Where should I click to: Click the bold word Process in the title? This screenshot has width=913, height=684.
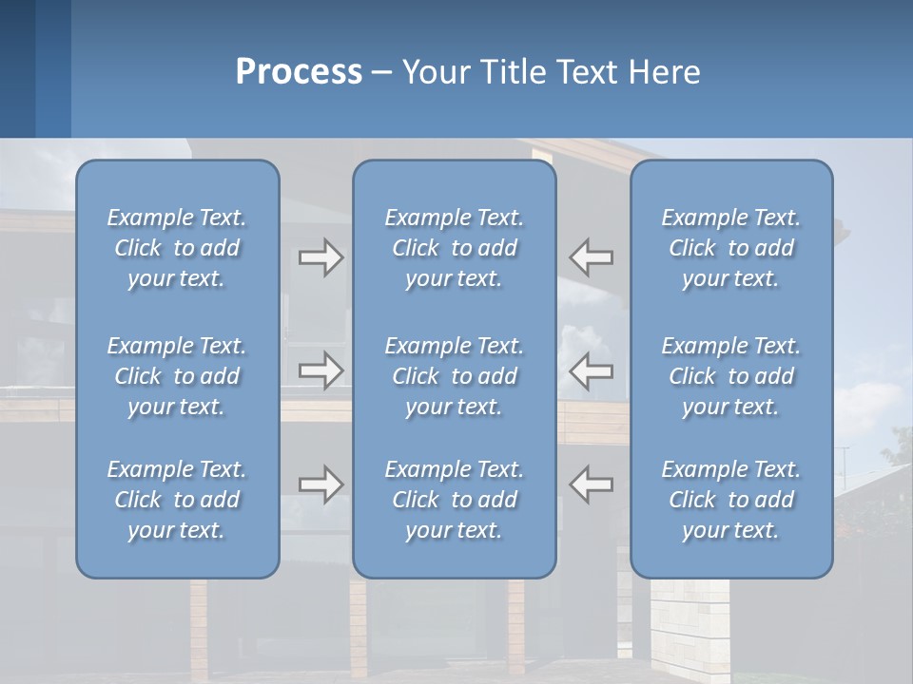[299, 72]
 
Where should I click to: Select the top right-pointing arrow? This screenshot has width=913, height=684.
[321, 257]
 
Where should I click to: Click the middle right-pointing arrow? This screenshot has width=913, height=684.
[321, 370]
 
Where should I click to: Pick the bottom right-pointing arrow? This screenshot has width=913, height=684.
[321, 484]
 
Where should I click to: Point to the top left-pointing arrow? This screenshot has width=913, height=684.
[592, 257]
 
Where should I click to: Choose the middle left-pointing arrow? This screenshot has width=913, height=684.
[592, 370]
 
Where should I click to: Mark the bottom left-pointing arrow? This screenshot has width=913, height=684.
[592, 484]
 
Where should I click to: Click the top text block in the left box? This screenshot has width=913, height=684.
[177, 248]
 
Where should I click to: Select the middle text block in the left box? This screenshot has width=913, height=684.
[177, 376]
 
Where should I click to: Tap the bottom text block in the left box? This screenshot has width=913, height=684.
[177, 500]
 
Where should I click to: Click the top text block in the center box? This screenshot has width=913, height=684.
[454, 248]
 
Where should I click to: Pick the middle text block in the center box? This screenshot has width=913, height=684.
[454, 376]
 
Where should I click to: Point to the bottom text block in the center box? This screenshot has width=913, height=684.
[454, 500]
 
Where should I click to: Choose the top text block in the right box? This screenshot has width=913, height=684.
[730, 248]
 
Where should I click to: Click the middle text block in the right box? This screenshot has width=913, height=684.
[730, 376]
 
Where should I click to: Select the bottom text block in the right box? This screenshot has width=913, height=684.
[730, 500]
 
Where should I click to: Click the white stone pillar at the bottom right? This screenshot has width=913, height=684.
[690, 627]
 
